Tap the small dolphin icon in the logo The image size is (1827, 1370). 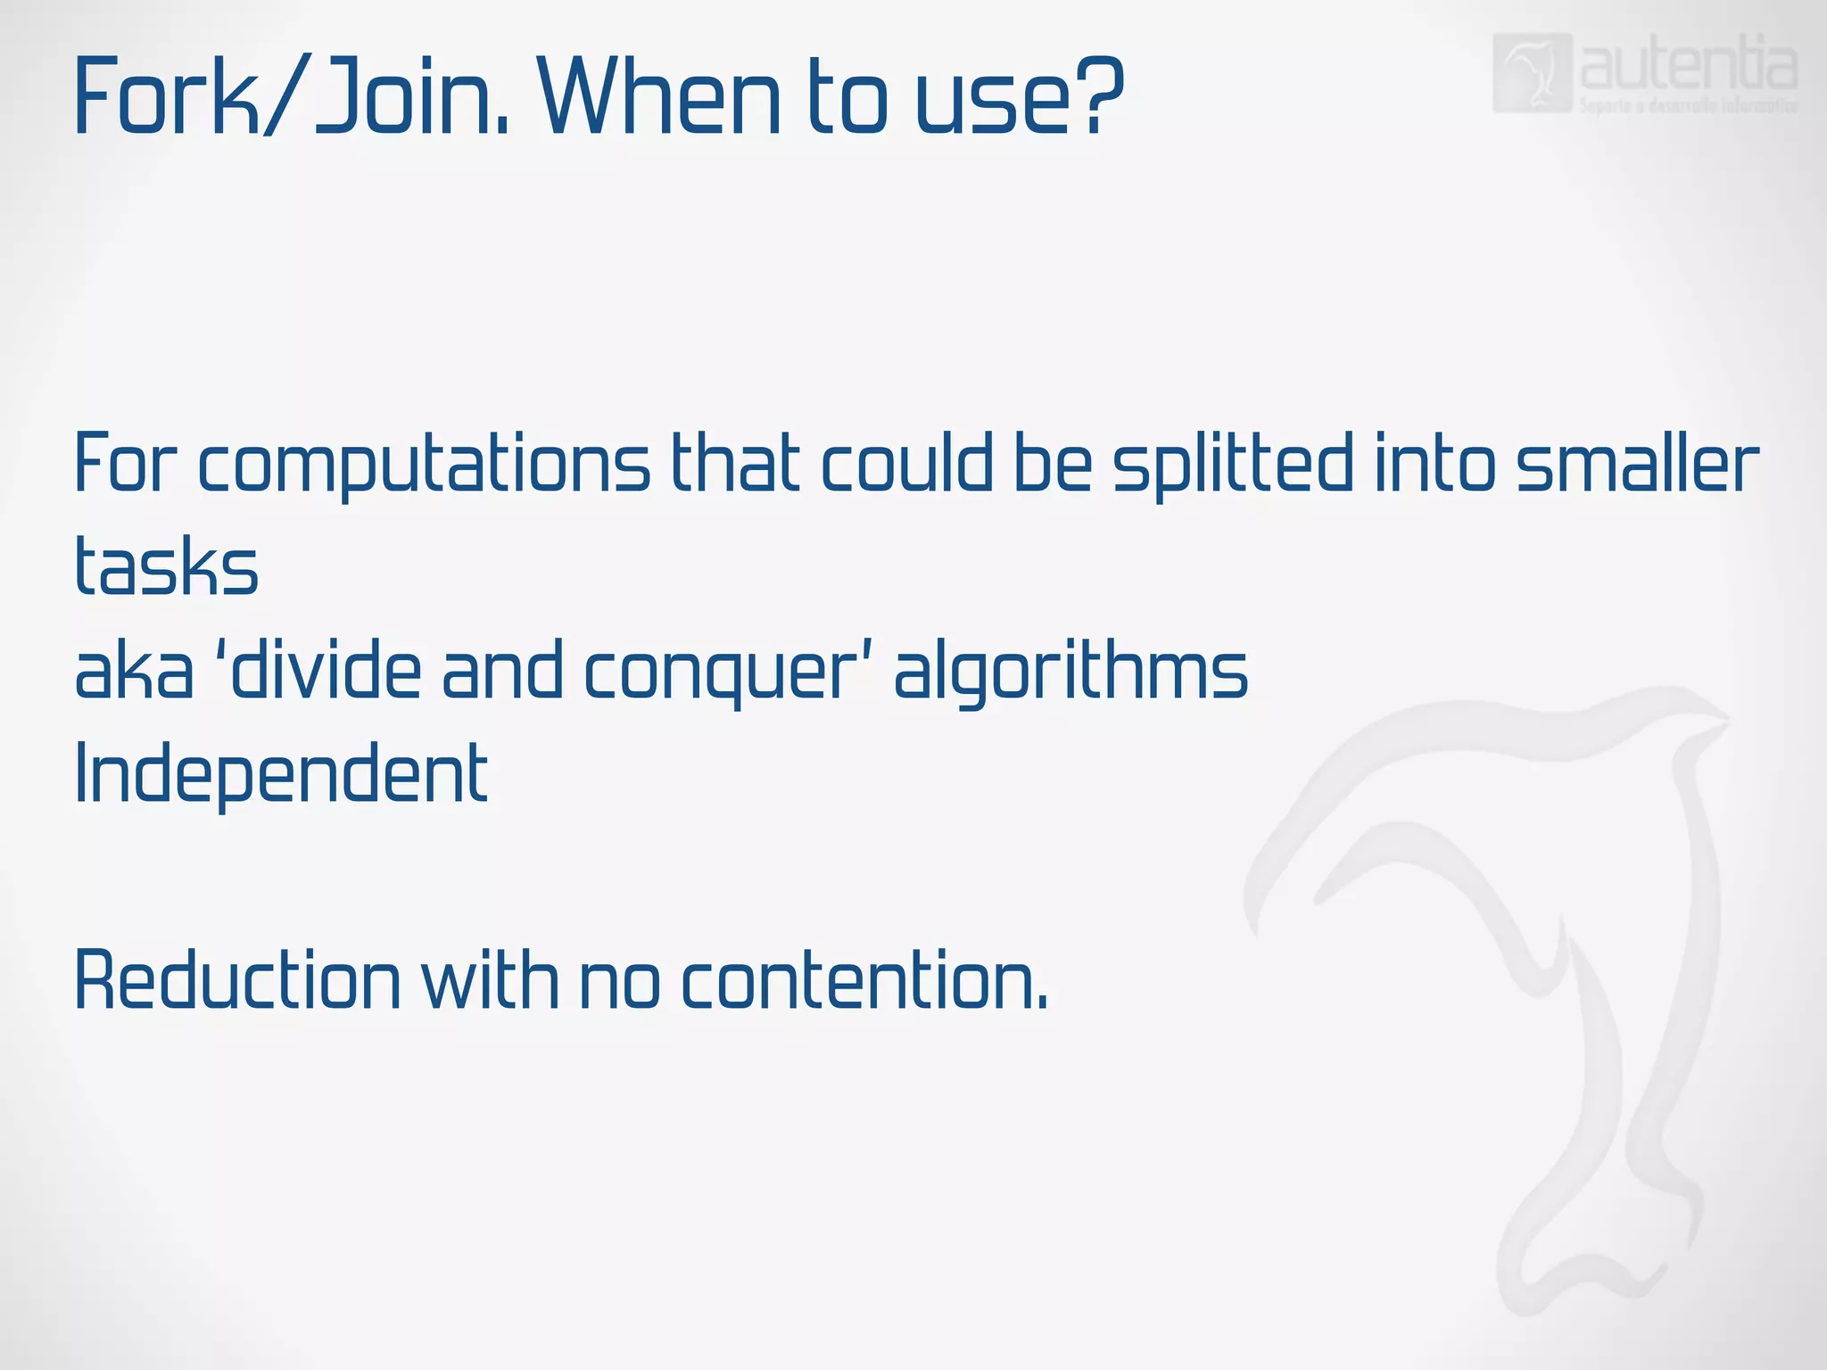coord(1532,73)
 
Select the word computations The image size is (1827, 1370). coord(424,466)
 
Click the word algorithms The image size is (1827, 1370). coord(1071,673)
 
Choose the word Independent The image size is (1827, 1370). coord(281,774)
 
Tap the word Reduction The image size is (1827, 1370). coord(237,981)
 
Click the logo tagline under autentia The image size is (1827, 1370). coord(1688,106)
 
